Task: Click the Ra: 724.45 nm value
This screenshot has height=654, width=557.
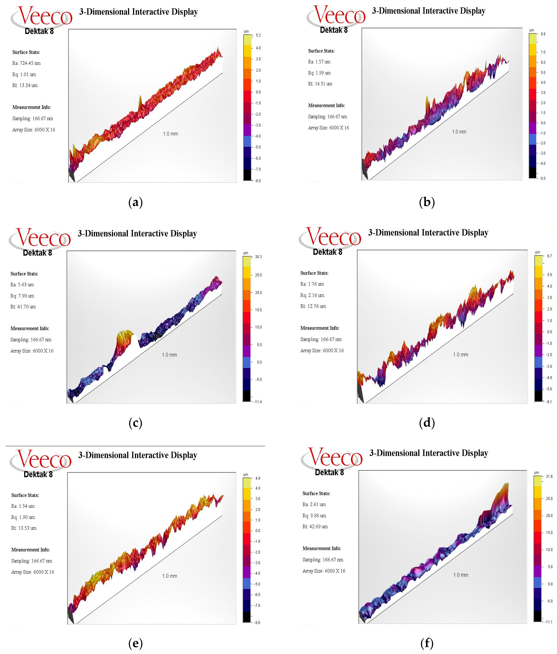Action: tap(27, 63)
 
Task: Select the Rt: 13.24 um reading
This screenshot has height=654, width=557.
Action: tap(25, 85)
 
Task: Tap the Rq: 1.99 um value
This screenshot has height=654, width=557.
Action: tap(319, 73)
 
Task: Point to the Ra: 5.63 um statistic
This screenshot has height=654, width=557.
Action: tap(22, 285)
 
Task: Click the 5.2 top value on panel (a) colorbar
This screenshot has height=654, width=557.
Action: tap(258, 35)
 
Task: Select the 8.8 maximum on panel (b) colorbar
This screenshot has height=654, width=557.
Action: tap(543, 34)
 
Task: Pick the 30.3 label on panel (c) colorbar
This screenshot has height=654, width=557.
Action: tap(259, 257)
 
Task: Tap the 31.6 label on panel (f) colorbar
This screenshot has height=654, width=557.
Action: tap(549, 477)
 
